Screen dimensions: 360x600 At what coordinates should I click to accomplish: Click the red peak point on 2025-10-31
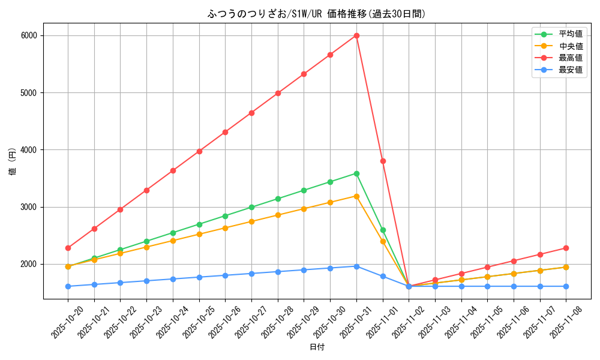pyautogui.click(x=356, y=35)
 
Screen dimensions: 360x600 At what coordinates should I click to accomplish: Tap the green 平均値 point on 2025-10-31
pyautogui.click(x=356, y=173)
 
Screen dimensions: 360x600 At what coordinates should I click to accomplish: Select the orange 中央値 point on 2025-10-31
pyautogui.click(x=356, y=196)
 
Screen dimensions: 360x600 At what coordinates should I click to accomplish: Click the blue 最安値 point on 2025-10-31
pyautogui.click(x=356, y=266)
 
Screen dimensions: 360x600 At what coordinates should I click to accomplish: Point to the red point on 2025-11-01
pyautogui.click(x=383, y=161)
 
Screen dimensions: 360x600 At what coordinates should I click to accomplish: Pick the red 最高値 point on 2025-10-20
pyautogui.click(x=68, y=248)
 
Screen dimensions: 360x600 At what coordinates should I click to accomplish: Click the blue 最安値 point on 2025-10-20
pyautogui.click(x=68, y=286)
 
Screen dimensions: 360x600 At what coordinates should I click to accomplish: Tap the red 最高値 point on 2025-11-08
pyautogui.click(x=566, y=248)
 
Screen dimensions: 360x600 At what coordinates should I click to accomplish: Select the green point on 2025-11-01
pyautogui.click(x=383, y=230)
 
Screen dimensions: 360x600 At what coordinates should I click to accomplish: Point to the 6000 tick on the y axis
pyautogui.click(x=29, y=35)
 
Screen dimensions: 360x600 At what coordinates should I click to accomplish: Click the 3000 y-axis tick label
pyautogui.click(x=29, y=207)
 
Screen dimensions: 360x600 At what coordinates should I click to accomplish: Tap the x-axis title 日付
pyautogui.click(x=317, y=347)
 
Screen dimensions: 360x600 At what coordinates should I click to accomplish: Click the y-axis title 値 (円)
pyautogui.click(x=13, y=161)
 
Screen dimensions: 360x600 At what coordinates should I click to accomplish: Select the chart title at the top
pyautogui.click(x=317, y=14)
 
